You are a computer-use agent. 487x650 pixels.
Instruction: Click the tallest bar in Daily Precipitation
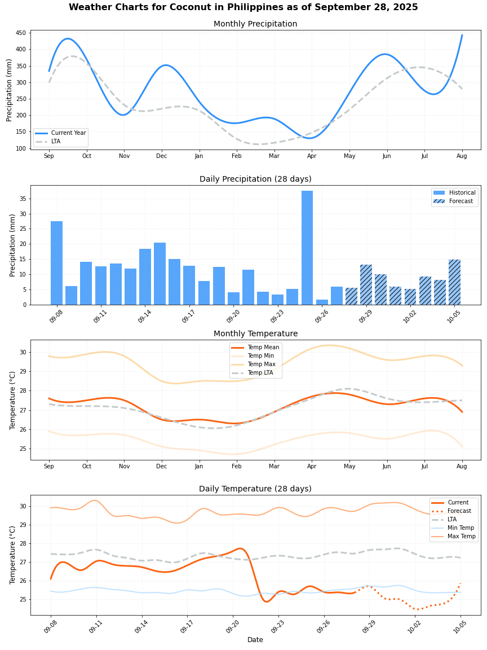pyautogui.click(x=307, y=248)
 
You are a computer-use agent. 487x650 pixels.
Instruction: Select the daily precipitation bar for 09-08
pyautogui.click(x=57, y=263)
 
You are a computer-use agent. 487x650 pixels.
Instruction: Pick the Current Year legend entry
pyautogui.click(x=68, y=133)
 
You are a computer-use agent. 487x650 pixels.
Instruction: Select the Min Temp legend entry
pyautogui.click(x=461, y=528)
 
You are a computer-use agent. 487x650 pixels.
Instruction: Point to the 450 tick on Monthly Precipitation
pyautogui.click(x=21, y=33)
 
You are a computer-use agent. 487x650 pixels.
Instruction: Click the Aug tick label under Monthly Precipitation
pyautogui.click(x=462, y=156)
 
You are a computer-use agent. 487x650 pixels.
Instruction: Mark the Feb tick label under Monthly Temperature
pyautogui.click(x=237, y=466)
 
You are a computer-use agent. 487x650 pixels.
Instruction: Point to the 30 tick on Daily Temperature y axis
pyautogui.click(x=23, y=506)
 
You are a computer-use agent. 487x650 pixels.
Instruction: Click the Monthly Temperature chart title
pyautogui.click(x=255, y=333)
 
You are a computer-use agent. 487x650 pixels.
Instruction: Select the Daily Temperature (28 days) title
pyautogui.click(x=255, y=489)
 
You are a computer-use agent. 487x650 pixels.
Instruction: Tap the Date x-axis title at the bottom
pyautogui.click(x=255, y=640)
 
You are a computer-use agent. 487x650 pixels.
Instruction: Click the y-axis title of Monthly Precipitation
pyautogui.click(x=10, y=90)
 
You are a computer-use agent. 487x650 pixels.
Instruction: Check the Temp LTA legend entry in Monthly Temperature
pyautogui.click(x=263, y=373)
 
